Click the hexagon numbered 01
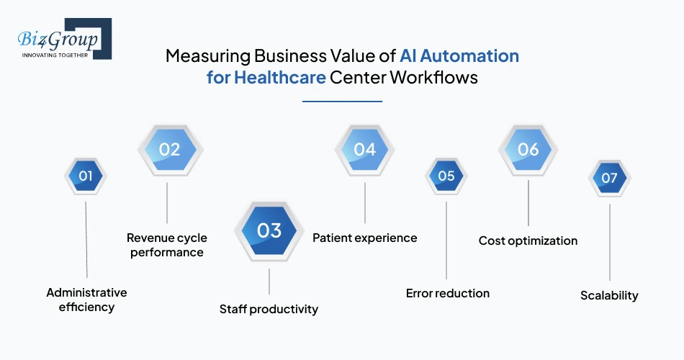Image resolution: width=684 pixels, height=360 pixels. point(86,176)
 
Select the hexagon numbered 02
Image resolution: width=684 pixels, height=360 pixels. point(169,150)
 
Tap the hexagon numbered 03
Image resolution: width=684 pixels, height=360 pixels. point(269,230)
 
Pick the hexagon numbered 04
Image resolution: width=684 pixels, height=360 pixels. point(365,150)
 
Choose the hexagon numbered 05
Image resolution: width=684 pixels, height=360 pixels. point(446,176)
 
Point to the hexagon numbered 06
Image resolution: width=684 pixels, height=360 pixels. point(528,150)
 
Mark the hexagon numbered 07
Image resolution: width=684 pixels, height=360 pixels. point(610,178)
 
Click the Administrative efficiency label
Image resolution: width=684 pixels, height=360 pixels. point(86,300)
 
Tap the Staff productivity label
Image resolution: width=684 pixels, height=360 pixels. point(269,309)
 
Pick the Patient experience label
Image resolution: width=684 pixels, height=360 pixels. point(364,238)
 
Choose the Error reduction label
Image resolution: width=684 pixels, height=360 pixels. point(447,293)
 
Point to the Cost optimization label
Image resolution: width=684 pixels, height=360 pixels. point(528,240)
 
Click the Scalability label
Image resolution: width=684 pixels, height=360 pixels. point(609,295)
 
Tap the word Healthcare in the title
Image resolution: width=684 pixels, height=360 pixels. point(279,78)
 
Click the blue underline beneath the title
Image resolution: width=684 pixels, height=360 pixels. point(342,102)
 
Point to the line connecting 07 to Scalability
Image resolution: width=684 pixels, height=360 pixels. point(610,241)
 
